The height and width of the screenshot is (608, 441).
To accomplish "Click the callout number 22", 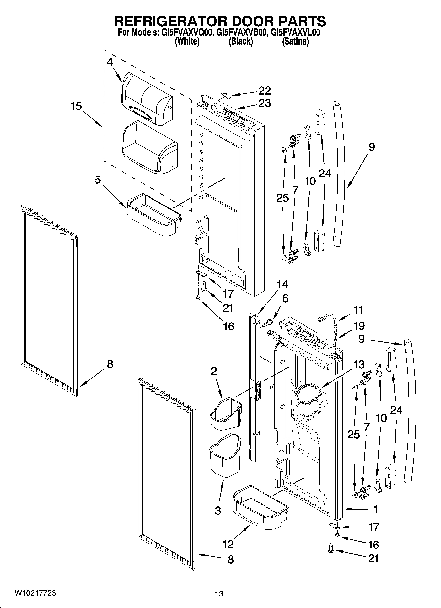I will point(264,91).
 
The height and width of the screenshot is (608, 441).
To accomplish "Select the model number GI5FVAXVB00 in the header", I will point(240,33).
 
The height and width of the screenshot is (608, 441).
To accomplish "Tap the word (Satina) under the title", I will point(295,42).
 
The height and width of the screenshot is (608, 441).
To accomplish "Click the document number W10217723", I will point(35,593).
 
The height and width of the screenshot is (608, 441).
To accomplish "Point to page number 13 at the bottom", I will point(219,594).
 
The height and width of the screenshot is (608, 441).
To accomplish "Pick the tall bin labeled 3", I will point(225,455).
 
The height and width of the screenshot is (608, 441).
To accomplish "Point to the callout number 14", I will point(282,285).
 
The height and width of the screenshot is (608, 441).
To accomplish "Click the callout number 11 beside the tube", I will point(358,310).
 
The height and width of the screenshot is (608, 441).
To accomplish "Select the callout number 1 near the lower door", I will point(375,509).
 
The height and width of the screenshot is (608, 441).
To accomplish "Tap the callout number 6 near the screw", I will point(285,298).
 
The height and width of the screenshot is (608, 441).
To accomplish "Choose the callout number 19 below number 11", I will point(359,326).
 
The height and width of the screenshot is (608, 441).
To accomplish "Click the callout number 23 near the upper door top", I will point(264,103).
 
